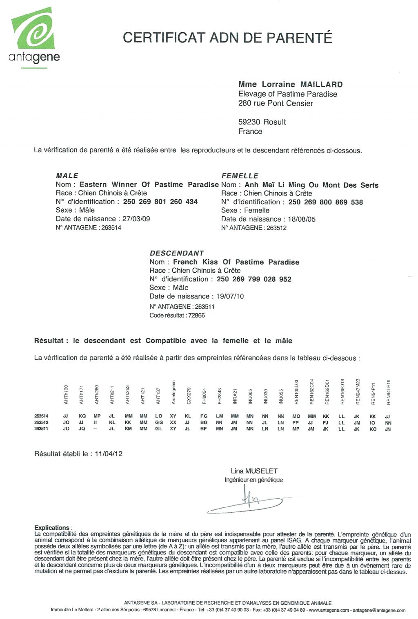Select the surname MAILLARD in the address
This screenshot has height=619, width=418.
point(321,85)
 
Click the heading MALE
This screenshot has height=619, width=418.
point(67,175)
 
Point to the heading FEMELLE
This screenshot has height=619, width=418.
point(240,176)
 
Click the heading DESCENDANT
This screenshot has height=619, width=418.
point(177,253)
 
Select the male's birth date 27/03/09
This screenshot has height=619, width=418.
point(136,219)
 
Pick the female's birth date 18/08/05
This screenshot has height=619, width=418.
point(302,219)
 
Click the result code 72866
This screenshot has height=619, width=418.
point(196,315)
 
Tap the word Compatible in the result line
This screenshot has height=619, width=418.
point(166,341)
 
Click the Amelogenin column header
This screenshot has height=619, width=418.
point(173,392)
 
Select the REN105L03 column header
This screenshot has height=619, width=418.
point(296,392)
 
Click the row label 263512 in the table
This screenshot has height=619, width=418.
point(41,422)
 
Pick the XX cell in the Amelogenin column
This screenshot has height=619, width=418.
point(173,422)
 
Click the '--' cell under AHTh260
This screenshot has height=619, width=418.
point(96,429)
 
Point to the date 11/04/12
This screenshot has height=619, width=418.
point(109,453)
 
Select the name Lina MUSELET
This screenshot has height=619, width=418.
point(254,471)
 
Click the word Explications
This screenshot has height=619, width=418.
point(52,527)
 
